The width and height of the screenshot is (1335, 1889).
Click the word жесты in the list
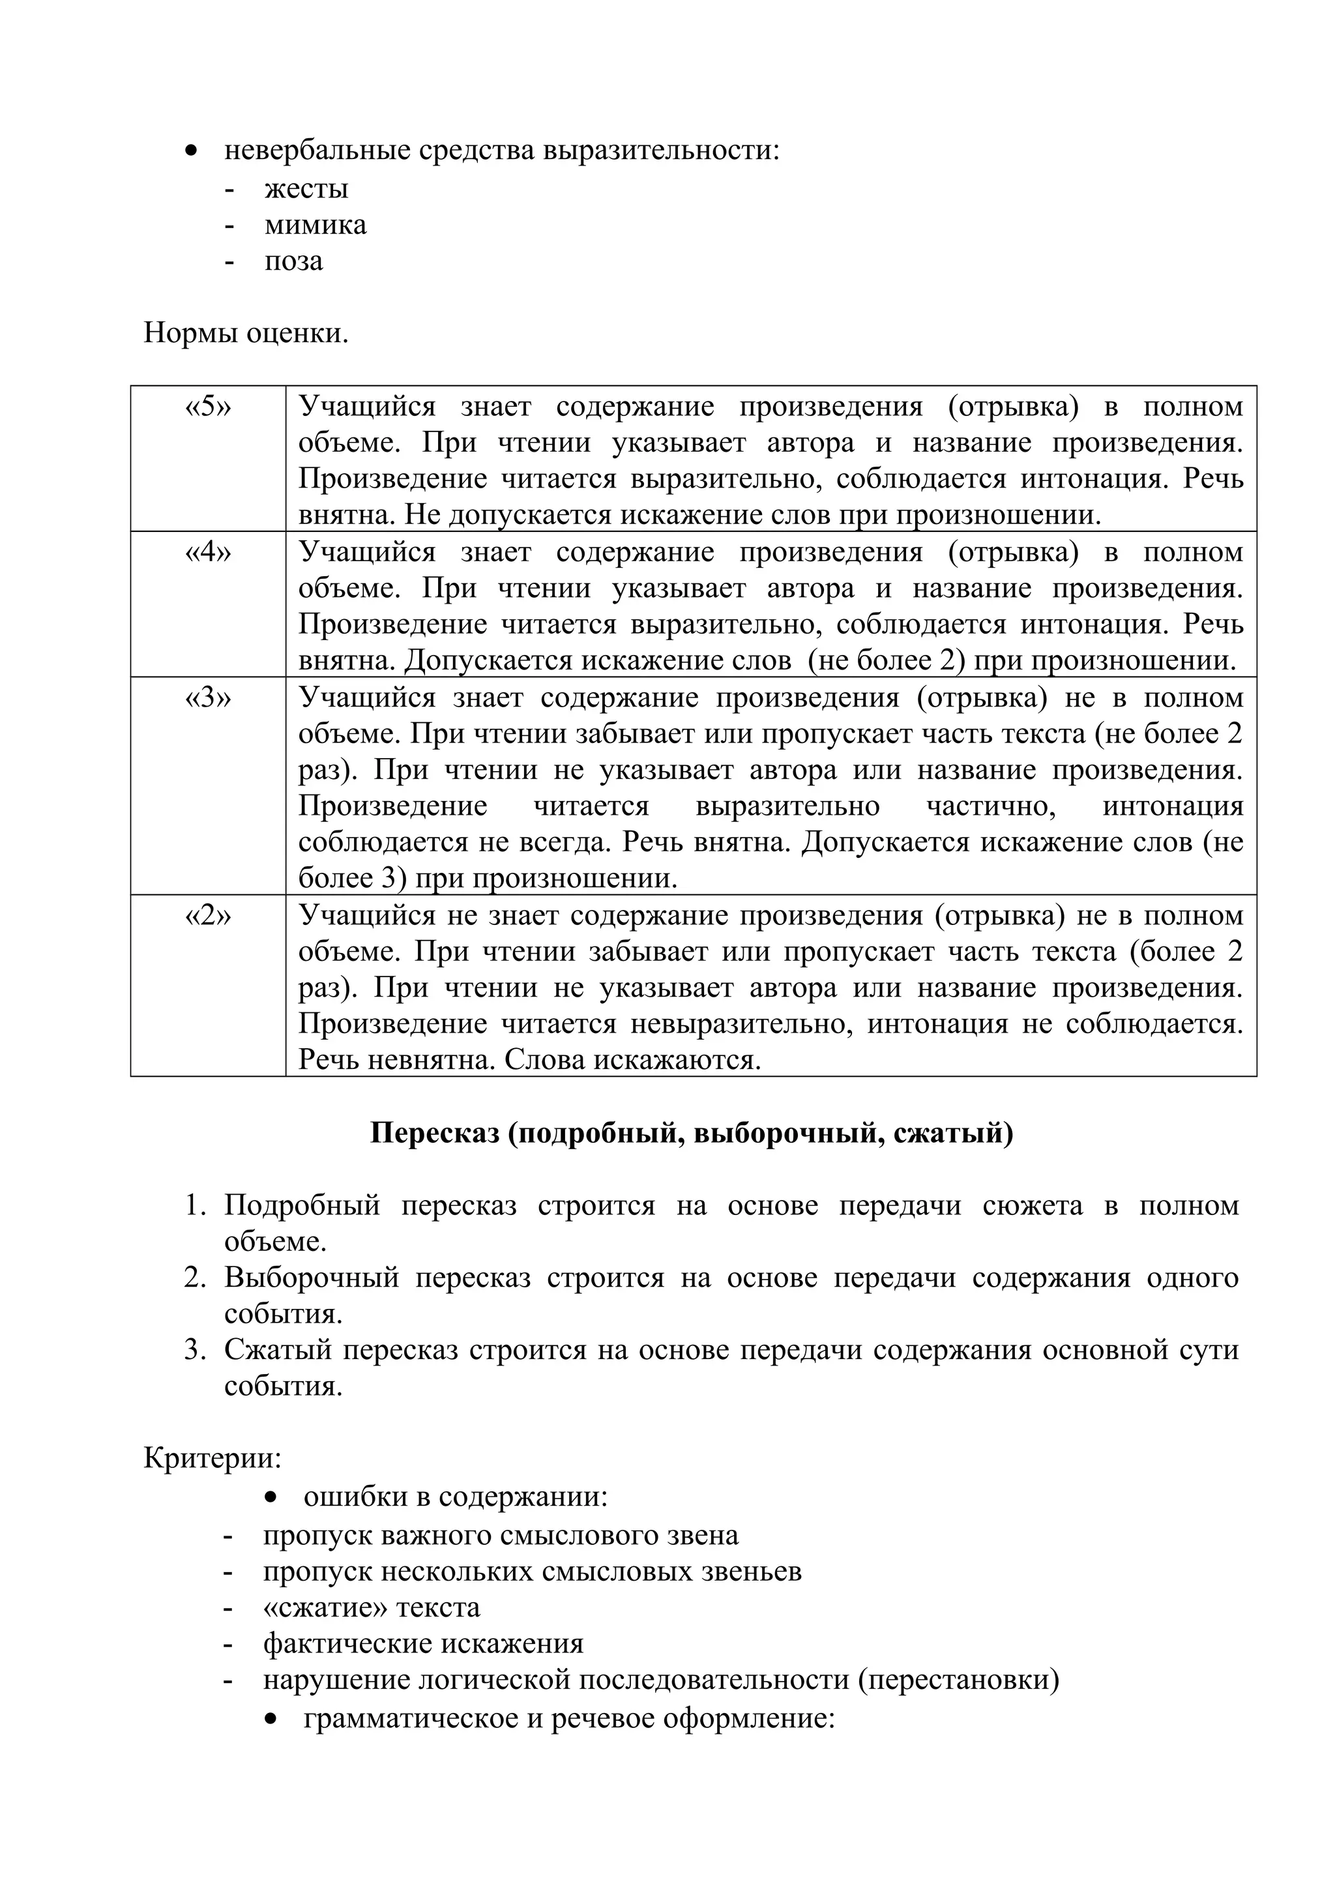point(306,188)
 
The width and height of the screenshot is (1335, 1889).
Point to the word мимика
point(315,225)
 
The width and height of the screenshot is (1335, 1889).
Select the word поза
point(293,261)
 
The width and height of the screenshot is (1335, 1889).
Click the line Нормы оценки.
point(246,333)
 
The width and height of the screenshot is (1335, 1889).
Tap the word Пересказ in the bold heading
point(434,1133)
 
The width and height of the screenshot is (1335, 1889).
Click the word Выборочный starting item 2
point(311,1278)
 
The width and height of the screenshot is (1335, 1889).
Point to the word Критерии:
point(213,1459)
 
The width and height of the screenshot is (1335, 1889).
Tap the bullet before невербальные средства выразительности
point(191,151)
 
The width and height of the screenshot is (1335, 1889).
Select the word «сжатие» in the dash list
point(324,1607)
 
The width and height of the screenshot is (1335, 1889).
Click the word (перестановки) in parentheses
point(958,1679)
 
